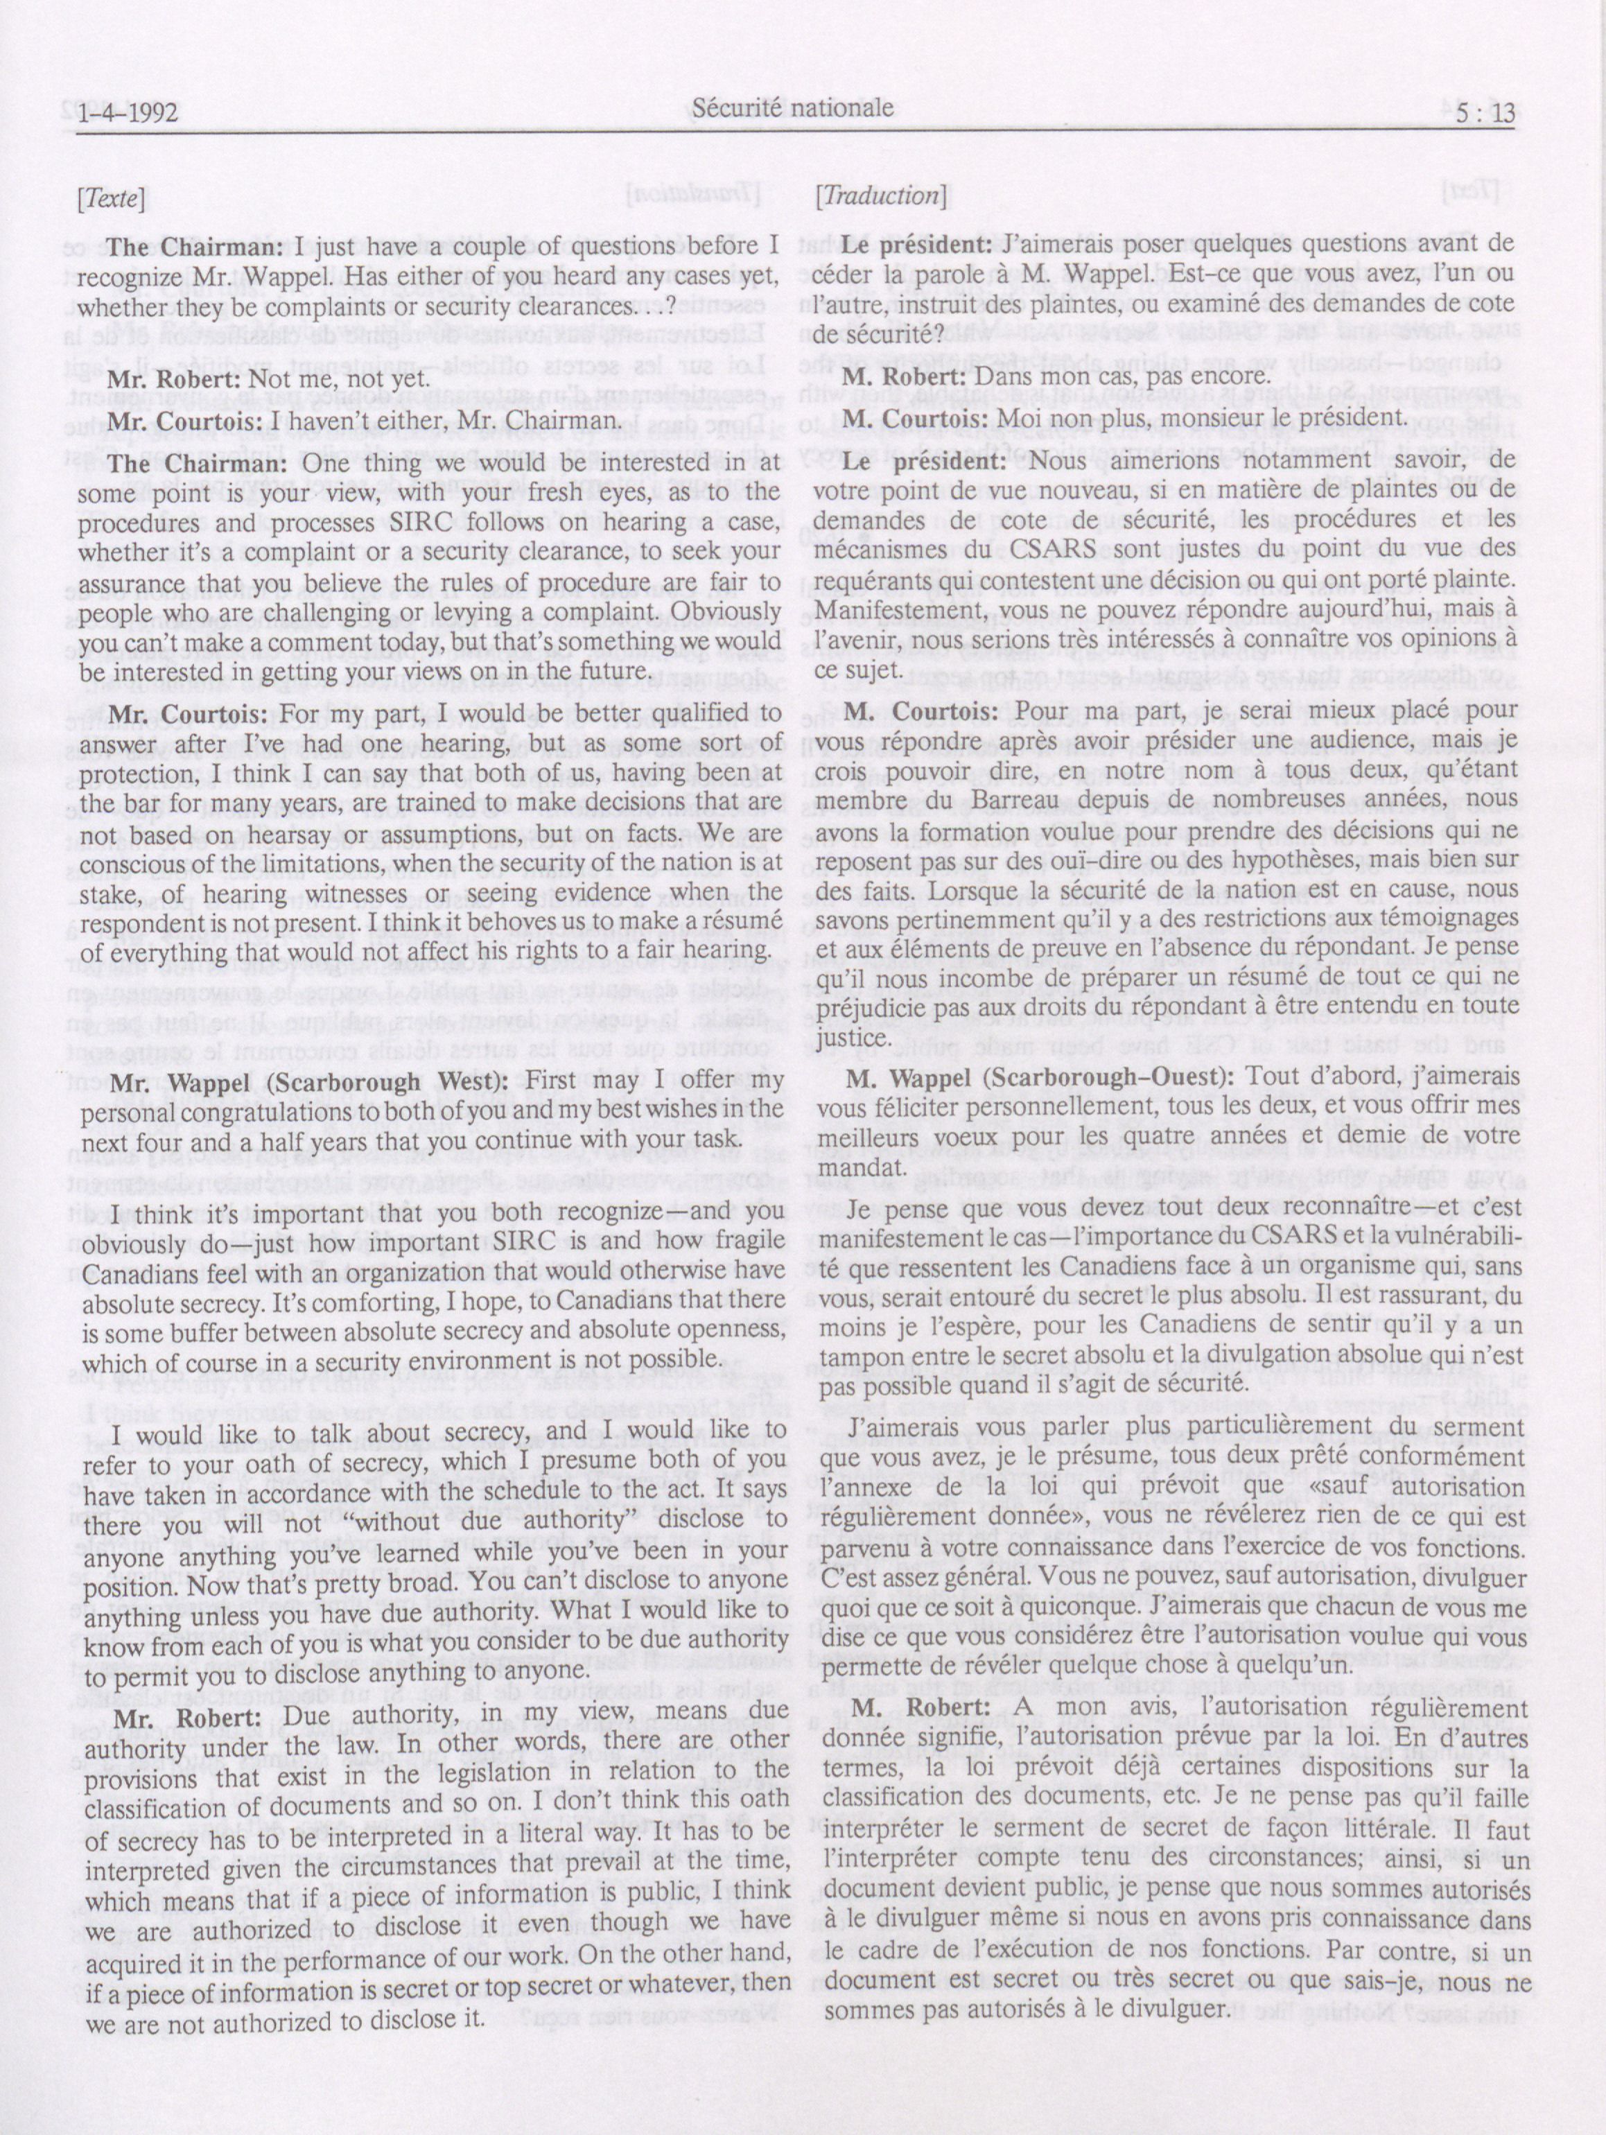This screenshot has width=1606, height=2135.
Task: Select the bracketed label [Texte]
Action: [x=111, y=200]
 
